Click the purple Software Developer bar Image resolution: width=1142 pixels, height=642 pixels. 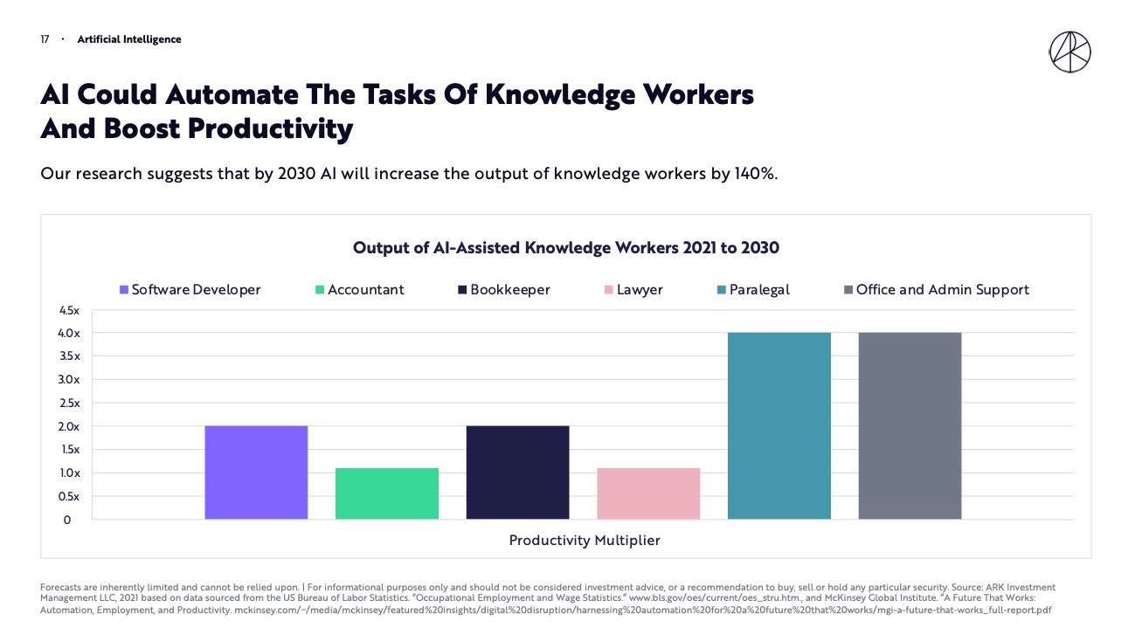coord(256,473)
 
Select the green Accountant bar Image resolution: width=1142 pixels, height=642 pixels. coord(387,494)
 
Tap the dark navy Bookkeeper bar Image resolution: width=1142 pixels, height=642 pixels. coord(517,473)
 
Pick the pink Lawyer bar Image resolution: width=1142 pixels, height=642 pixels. coord(648,494)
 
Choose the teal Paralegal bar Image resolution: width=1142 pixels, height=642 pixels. coord(779,426)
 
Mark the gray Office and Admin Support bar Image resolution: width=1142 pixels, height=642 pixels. coord(910,426)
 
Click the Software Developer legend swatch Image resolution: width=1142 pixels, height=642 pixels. coord(124,290)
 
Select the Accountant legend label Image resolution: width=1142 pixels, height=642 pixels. coord(365,290)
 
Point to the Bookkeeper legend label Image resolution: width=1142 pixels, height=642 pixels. coord(509,290)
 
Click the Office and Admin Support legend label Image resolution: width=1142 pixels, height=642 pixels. coord(942,290)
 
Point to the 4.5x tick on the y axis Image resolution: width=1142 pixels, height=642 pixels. coord(68,310)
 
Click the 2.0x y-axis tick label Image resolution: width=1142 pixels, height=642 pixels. coord(68,426)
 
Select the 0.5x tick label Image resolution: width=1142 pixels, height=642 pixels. coord(68,496)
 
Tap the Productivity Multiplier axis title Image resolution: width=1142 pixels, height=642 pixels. coord(585,541)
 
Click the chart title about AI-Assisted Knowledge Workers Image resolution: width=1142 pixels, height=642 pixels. coord(565,248)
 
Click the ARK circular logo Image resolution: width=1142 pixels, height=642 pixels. coord(1069,52)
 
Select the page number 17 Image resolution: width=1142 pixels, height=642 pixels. coord(45,39)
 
